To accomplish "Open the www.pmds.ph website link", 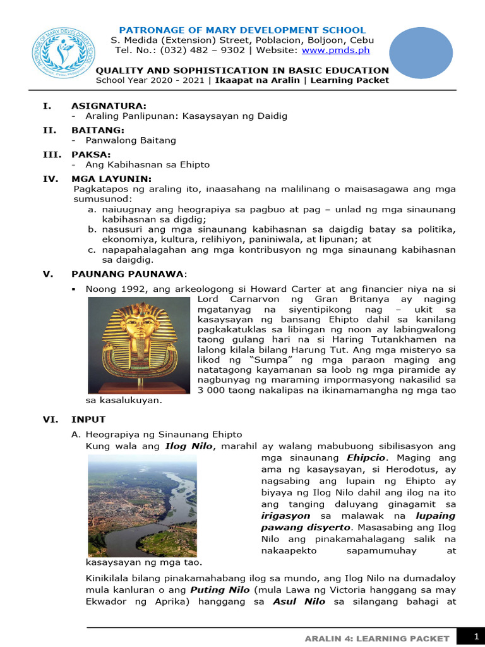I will click(x=344, y=51).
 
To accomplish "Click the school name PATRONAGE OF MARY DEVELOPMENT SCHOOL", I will click(x=242, y=30).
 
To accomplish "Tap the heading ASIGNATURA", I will click(x=109, y=106).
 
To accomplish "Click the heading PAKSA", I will click(x=91, y=154).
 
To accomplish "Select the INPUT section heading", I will click(x=88, y=419).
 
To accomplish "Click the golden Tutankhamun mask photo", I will click(x=138, y=344).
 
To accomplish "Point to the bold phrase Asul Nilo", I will click(x=299, y=602).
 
